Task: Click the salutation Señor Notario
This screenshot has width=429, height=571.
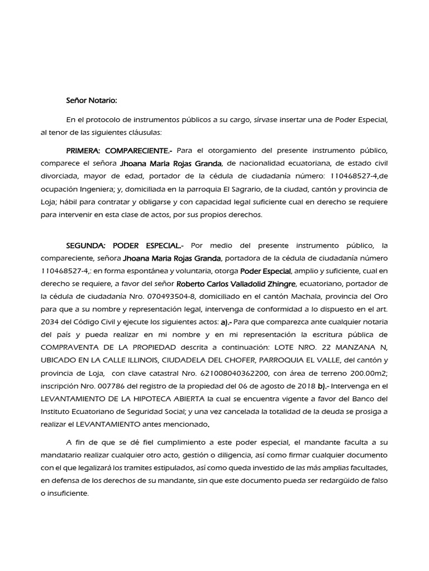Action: [x=92, y=100]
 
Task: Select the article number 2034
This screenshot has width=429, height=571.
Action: [x=51, y=322]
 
